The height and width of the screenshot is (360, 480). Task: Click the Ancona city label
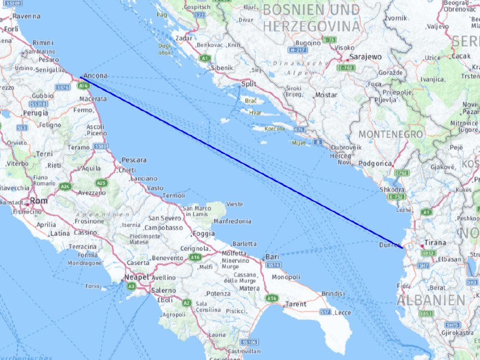95,75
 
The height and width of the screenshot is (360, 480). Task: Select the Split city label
248,84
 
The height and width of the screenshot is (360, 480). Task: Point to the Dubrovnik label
345,147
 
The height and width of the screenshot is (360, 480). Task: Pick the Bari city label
272,257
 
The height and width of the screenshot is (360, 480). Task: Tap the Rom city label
39,201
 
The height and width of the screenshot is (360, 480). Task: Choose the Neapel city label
136,277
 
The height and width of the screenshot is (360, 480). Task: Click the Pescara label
133,159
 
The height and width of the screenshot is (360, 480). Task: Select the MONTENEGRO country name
390,134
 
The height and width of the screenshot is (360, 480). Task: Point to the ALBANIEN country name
431,300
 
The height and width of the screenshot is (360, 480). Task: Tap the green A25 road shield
101,183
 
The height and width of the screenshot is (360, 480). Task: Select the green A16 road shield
195,257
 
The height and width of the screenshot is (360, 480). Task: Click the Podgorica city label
376,164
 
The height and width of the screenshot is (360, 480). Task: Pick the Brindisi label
333,293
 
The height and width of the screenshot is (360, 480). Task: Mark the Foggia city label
204,234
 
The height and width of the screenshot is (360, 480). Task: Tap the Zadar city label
185,38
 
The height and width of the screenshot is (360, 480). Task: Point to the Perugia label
35,113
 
